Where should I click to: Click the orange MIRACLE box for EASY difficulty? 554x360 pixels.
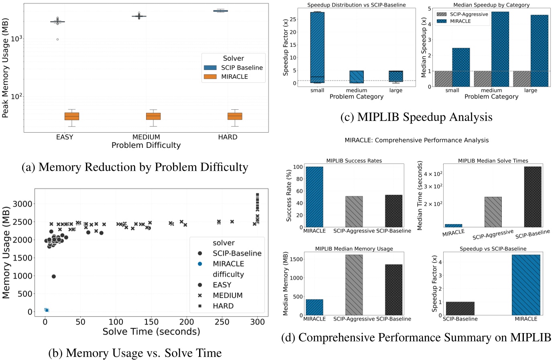(x=72, y=116)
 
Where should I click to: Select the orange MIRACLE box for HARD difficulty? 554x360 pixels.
(x=235, y=116)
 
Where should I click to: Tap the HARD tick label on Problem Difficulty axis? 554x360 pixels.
(x=228, y=137)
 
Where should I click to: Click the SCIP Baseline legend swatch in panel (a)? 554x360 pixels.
(x=210, y=67)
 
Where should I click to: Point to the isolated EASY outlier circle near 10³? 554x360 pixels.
(x=57, y=39)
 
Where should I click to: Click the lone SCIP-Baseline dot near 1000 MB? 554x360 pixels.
(x=54, y=276)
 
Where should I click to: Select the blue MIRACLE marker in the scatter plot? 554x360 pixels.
(x=47, y=310)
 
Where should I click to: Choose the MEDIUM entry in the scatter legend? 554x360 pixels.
(x=228, y=295)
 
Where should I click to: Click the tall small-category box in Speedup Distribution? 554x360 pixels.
(x=317, y=47)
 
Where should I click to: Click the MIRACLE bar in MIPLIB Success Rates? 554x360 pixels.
(x=314, y=197)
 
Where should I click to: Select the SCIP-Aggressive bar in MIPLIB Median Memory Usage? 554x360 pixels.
(x=354, y=285)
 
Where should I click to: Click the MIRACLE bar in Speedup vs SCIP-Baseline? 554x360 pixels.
(x=526, y=285)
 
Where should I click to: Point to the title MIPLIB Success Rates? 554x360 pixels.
(x=354, y=161)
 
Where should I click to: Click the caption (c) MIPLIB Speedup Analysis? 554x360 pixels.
(x=416, y=117)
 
